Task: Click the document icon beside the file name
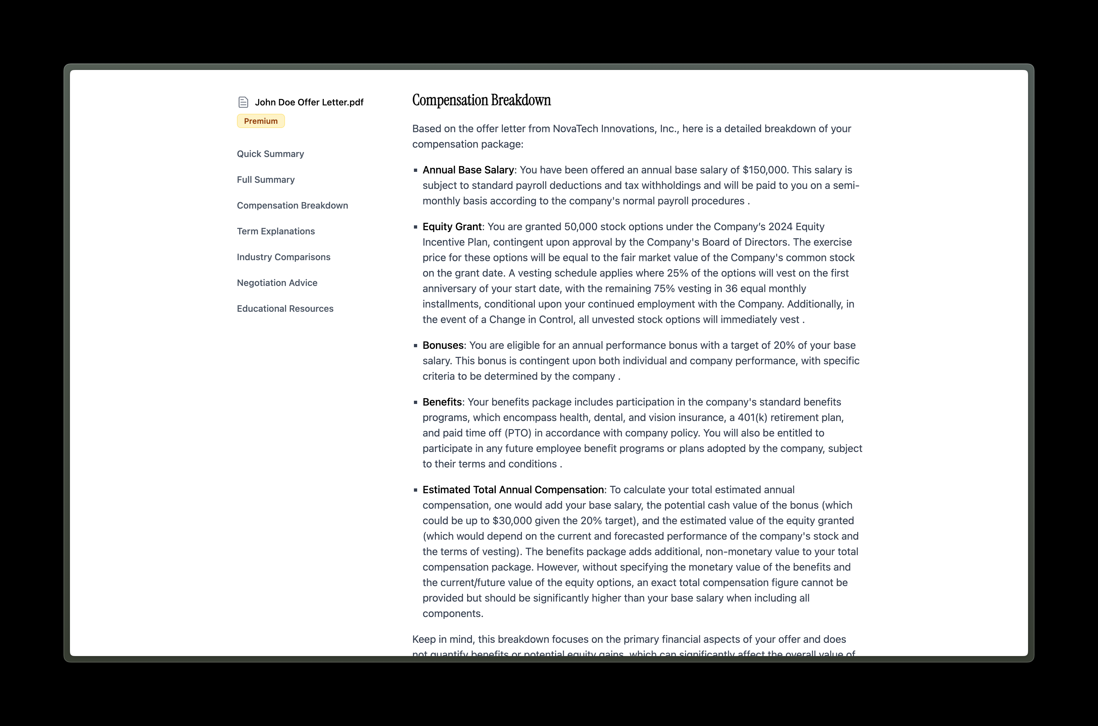243,102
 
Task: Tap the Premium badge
260,121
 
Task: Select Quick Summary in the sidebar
270,154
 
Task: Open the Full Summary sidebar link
266,180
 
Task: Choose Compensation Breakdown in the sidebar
292,206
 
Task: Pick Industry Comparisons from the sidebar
283,257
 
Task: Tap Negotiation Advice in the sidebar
277,283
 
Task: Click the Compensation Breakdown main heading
481,101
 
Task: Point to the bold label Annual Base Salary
468,170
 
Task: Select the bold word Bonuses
443,345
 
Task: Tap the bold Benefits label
442,402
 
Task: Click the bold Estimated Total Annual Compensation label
513,490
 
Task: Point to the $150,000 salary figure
764,170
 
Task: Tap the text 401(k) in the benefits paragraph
752,417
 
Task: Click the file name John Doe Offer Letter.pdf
309,102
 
